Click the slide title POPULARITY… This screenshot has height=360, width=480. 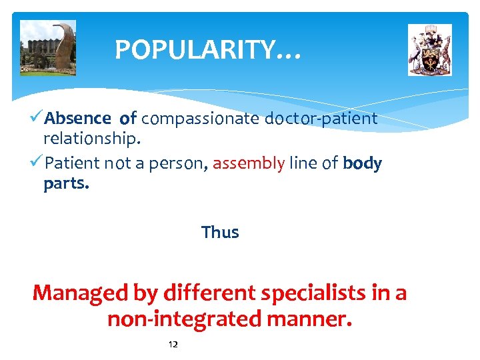[208, 50]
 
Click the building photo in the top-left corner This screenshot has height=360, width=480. [48, 48]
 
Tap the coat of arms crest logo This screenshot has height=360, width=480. [429, 50]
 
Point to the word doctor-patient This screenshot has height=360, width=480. [321, 119]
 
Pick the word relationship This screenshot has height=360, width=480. [92, 139]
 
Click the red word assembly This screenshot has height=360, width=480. [249, 163]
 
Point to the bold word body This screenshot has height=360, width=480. [362, 163]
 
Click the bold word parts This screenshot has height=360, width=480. [66, 183]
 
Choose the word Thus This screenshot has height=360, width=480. [220, 233]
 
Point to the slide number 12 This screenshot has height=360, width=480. [173, 345]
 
